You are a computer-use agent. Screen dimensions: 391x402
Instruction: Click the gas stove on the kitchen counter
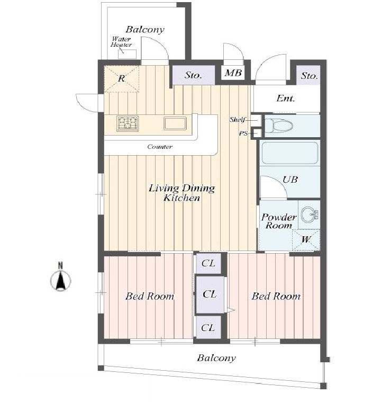[x=128, y=123]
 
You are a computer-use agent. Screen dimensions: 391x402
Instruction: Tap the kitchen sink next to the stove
[x=175, y=123]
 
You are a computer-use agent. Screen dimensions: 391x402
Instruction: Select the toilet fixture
[x=279, y=126]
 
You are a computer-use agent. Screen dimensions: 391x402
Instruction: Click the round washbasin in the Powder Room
[x=310, y=215]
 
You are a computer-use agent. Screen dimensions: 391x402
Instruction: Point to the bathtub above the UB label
[x=290, y=153]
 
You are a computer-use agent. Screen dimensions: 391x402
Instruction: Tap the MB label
[x=233, y=73]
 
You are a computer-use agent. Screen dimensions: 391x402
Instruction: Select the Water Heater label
[x=121, y=42]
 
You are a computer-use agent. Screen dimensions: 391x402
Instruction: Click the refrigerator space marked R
[x=122, y=79]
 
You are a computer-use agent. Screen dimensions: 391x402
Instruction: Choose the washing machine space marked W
[x=306, y=240]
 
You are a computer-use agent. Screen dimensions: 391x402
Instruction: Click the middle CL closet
[x=210, y=294]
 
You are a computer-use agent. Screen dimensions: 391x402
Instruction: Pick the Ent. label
[x=286, y=98]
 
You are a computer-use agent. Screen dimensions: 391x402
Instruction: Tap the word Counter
[x=160, y=147]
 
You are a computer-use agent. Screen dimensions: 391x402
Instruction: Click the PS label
[x=243, y=133]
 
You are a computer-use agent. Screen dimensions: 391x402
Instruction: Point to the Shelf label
[x=237, y=120]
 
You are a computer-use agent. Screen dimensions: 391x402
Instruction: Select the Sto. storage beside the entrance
[x=308, y=75]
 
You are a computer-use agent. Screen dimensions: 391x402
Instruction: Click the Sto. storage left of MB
[x=194, y=75]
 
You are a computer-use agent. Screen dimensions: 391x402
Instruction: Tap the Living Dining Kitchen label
[x=182, y=193]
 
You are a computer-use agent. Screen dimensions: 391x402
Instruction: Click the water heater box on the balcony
[x=127, y=54]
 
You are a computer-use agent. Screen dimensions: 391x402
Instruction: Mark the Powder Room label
[x=279, y=221]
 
